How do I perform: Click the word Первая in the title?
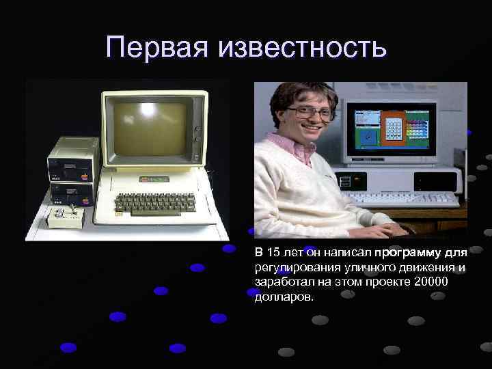point(159,47)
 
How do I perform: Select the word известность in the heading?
point(303,47)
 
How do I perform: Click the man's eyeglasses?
point(311,112)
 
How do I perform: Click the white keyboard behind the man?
point(403,199)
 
